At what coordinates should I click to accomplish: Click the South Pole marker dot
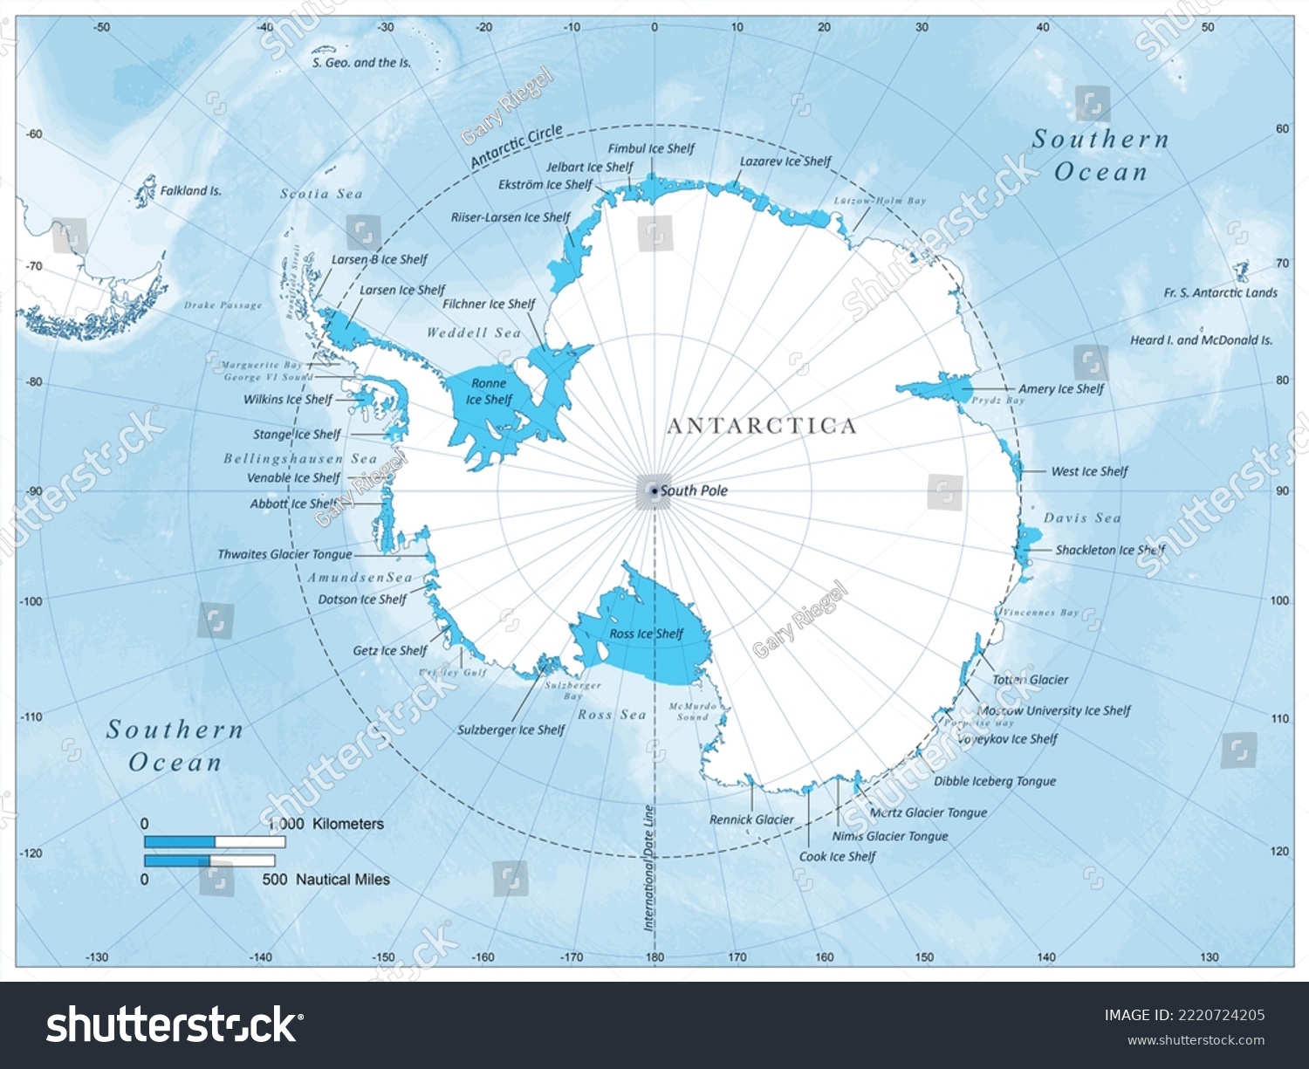coord(654,491)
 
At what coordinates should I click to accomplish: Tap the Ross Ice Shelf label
coord(646,634)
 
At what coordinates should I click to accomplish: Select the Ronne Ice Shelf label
coord(489,392)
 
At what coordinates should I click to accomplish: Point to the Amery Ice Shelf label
coord(1061,389)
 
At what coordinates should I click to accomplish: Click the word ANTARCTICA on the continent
coord(762,426)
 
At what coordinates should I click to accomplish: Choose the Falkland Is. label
coord(190,190)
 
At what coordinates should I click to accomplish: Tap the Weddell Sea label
coord(473,332)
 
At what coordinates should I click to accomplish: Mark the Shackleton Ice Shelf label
coord(1110,550)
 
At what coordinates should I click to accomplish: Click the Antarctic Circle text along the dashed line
coord(516,147)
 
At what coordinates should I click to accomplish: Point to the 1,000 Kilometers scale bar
coord(215,842)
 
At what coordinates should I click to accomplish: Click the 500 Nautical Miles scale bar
coord(209,860)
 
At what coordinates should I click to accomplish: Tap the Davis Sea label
coord(1082,518)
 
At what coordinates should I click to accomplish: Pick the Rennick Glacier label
coord(751,819)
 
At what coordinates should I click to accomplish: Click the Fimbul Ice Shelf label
coord(651,149)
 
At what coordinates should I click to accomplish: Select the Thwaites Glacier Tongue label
coord(284,554)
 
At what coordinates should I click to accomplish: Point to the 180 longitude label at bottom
coord(654,957)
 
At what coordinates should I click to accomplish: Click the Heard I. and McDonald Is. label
coord(1201,340)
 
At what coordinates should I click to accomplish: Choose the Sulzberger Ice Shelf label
coord(511,730)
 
